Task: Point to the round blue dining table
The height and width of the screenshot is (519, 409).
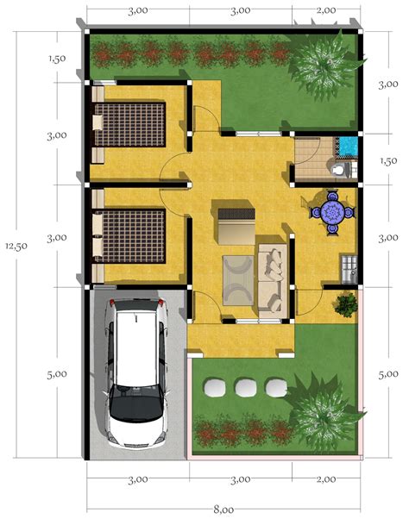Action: point(332,211)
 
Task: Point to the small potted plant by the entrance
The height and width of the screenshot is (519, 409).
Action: point(346,303)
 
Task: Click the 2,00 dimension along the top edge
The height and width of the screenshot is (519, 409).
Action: point(325,10)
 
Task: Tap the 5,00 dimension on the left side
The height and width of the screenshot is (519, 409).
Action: point(57,374)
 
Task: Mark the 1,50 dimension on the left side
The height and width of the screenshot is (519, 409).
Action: point(58,59)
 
